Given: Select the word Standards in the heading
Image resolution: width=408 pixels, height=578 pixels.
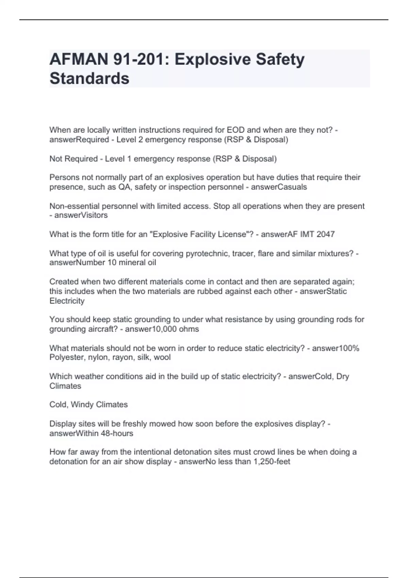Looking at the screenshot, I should [x=89, y=79].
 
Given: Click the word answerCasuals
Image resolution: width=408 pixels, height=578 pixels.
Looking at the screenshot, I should [x=279, y=187].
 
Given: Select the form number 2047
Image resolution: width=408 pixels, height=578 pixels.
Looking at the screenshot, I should [x=325, y=234].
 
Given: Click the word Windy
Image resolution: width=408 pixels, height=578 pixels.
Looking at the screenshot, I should [x=82, y=405].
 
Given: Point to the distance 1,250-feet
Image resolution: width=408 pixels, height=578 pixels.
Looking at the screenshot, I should [x=272, y=462].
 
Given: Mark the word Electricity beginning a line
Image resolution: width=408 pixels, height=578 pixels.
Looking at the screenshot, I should [x=67, y=301].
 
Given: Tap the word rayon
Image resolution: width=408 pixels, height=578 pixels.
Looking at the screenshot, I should [x=125, y=357].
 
